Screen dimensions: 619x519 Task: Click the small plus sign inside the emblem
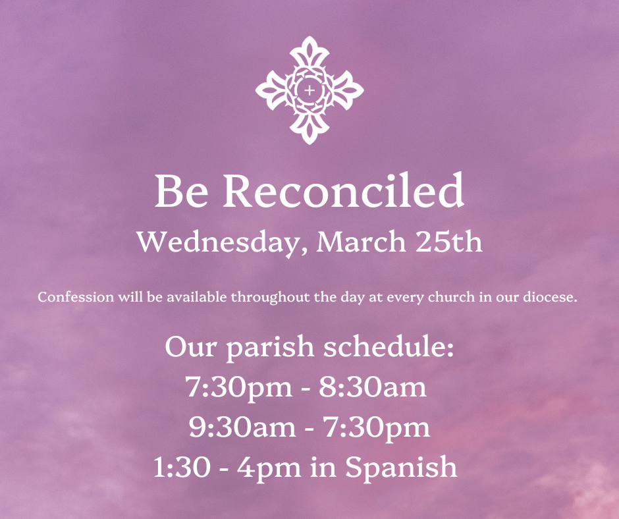pyautogui.click(x=309, y=90)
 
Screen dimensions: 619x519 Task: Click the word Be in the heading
pyautogui.click(x=181, y=191)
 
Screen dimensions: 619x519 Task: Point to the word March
pyautogui.click(x=360, y=241)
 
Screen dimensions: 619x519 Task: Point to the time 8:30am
pyautogui.click(x=373, y=387)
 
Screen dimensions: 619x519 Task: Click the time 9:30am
pyautogui.click(x=242, y=427)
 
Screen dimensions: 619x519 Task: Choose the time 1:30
pyautogui.click(x=182, y=466)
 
